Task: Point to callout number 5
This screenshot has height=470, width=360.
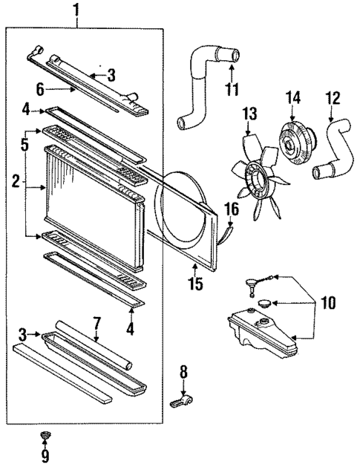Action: coord(25,146)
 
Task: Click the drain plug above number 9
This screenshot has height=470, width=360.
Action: coord(44,434)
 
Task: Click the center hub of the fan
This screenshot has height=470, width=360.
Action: coord(258,178)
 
